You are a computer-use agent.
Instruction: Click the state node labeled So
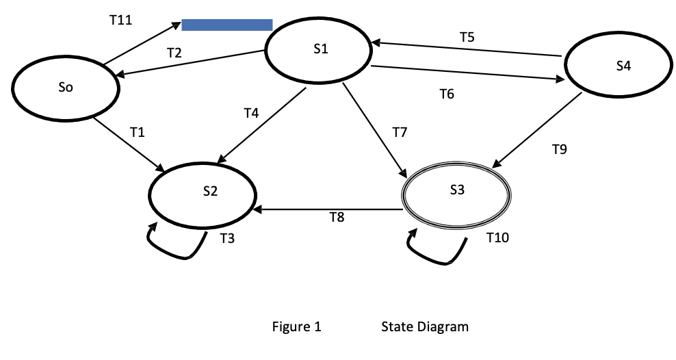tap(66, 88)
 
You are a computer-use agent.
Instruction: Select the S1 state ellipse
tap(319, 50)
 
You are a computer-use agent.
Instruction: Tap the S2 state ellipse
tap(203, 192)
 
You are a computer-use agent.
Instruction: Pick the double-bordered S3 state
tap(456, 191)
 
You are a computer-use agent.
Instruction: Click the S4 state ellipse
tap(621, 66)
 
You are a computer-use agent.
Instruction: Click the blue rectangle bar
tap(227, 25)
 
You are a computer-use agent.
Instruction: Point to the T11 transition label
tap(120, 21)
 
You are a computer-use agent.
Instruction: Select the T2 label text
tap(174, 52)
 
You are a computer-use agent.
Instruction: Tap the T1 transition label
tap(138, 132)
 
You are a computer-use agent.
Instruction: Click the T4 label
tap(251, 113)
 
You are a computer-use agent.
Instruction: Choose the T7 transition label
tap(400, 132)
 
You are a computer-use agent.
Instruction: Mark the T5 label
tap(467, 38)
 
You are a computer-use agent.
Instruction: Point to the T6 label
tap(447, 94)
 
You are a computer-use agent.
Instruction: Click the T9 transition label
tap(560, 149)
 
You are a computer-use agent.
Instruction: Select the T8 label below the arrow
tap(337, 218)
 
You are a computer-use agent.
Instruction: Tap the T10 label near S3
tap(497, 237)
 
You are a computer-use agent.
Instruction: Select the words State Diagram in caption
tap(425, 326)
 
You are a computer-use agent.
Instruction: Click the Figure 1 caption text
tap(297, 326)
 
